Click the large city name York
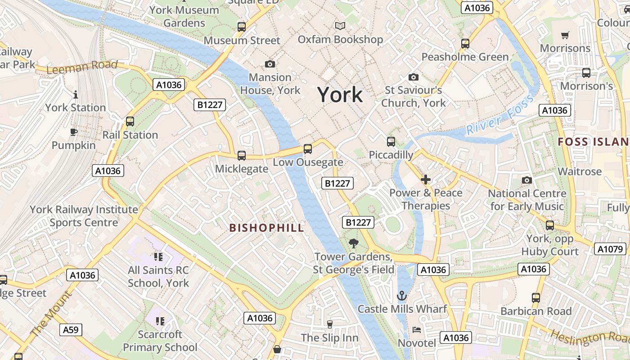tap(340, 94)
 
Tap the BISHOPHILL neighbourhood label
tap(267, 228)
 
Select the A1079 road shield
tap(610, 249)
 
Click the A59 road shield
tap(71, 330)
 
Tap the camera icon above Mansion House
tap(270, 64)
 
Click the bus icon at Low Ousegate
tap(308, 148)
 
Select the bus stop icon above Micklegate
tap(242, 156)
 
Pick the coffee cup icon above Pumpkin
tap(74, 132)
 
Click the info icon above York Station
tap(76, 94)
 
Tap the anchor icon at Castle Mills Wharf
tap(402, 296)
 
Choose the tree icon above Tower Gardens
tap(354, 243)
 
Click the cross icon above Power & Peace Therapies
tap(426, 180)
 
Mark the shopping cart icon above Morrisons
tap(565, 35)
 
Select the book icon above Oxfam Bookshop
tap(340, 26)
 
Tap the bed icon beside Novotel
tap(417, 330)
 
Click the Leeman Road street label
tap(82, 67)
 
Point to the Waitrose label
tap(580, 171)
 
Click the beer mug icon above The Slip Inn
tap(330, 324)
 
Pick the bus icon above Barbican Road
tap(535, 297)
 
